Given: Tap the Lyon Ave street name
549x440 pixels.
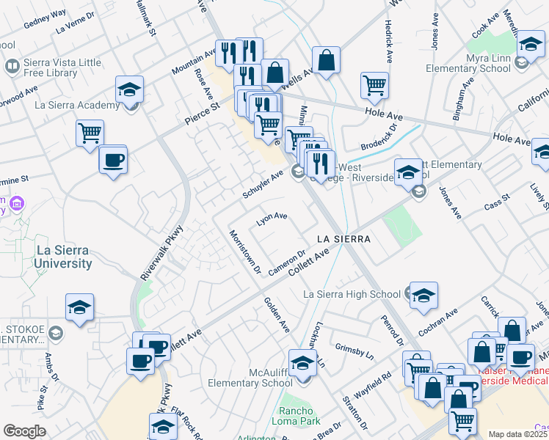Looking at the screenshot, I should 271,219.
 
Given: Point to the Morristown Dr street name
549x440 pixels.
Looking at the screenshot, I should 245,252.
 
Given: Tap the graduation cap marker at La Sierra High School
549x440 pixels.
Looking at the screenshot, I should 423,295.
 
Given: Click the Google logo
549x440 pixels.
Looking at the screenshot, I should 24,431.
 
